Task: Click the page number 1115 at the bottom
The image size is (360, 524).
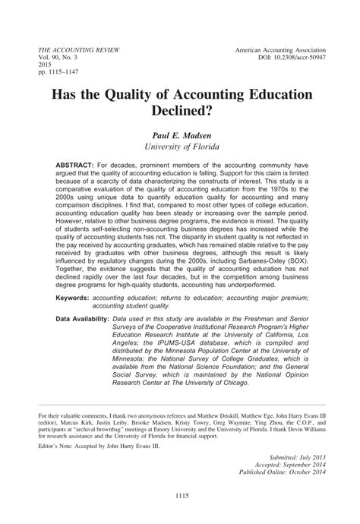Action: click(x=179, y=497)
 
